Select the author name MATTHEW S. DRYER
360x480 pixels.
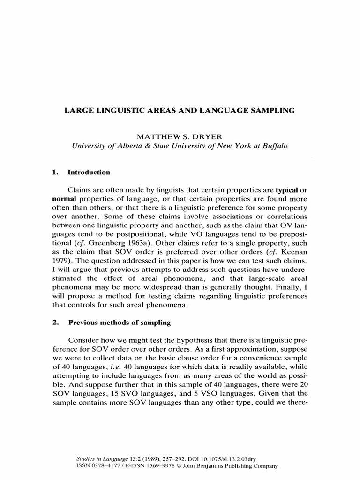180,136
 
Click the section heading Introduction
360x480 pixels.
89,172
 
